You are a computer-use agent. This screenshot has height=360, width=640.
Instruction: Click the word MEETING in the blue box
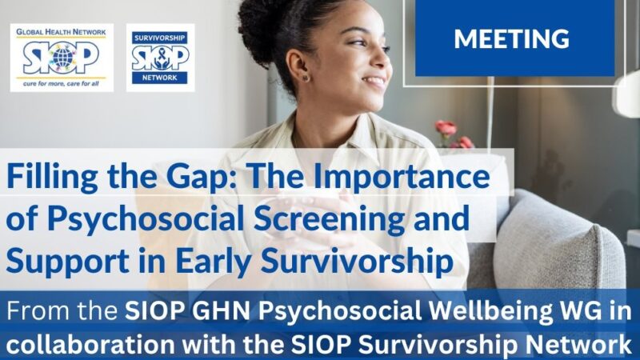(512, 38)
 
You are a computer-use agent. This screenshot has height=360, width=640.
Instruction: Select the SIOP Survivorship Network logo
(160, 58)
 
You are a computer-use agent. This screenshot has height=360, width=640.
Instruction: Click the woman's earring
(305, 77)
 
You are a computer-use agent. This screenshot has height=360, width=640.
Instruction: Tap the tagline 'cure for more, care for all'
(62, 83)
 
